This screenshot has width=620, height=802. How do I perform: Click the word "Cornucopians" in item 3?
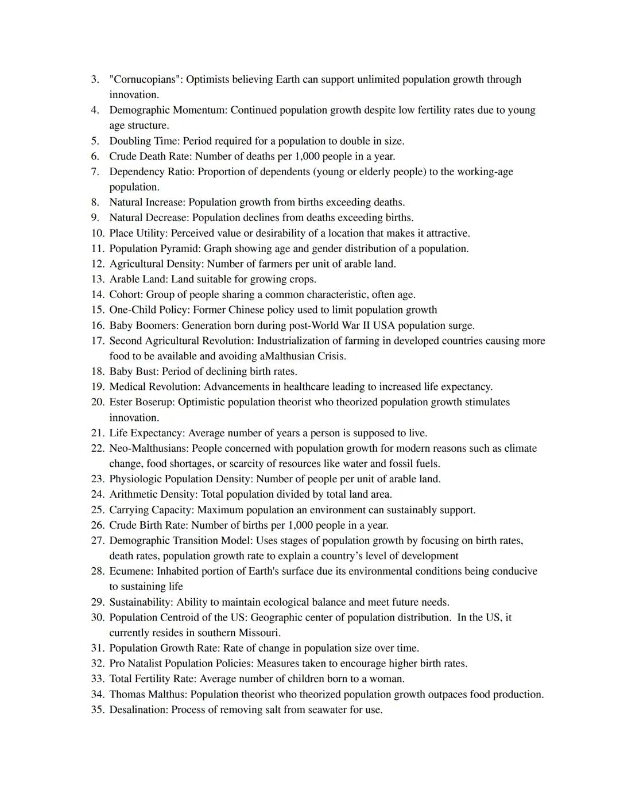[x=145, y=79]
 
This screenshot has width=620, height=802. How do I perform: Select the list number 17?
[x=97, y=340]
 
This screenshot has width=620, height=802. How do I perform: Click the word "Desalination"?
[x=138, y=710]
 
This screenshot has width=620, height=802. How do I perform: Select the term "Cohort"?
[x=125, y=295]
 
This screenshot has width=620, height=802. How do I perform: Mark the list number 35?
[x=97, y=710]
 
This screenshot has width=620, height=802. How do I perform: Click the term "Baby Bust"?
[x=133, y=371]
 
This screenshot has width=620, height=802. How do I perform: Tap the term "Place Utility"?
[x=137, y=233]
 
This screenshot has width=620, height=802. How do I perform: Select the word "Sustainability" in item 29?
[x=141, y=602]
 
